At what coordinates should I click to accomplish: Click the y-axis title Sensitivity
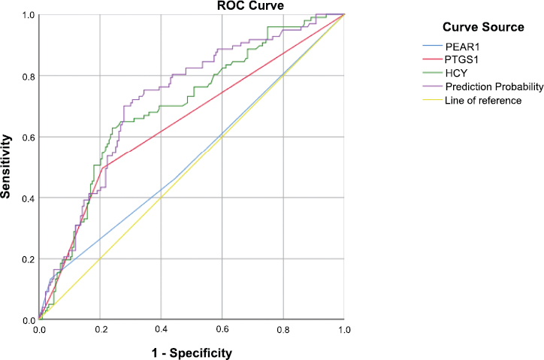[x=7, y=166]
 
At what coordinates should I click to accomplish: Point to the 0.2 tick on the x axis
[x=99, y=330]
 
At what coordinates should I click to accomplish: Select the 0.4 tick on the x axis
[x=160, y=330]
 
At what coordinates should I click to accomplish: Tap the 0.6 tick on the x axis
[x=222, y=330]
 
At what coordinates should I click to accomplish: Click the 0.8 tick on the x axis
[x=283, y=330]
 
